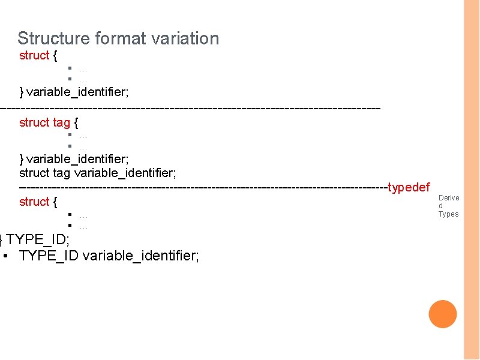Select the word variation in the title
[x=185, y=38]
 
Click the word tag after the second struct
[x=61, y=122]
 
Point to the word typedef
[x=409, y=187]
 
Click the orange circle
[x=443, y=314]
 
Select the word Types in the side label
[x=448, y=214]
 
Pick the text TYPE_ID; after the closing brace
[x=38, y=240]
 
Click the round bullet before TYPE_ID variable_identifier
[x=5, y=256]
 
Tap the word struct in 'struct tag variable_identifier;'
[x=34, y=173]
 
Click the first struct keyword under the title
[x=34, y=55]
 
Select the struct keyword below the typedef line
[x=34, y=202]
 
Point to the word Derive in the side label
[x=449, y=197]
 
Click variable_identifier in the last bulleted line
[x=141, y=256]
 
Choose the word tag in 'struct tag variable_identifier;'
[x=61, y=173]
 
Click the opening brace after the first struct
[x=55, y=55]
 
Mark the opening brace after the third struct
[x=55, y=202]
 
